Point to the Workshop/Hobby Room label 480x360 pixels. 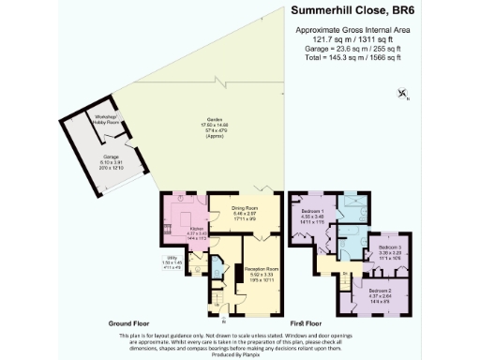109,119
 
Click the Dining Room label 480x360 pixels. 243,212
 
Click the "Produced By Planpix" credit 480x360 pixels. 240,354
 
